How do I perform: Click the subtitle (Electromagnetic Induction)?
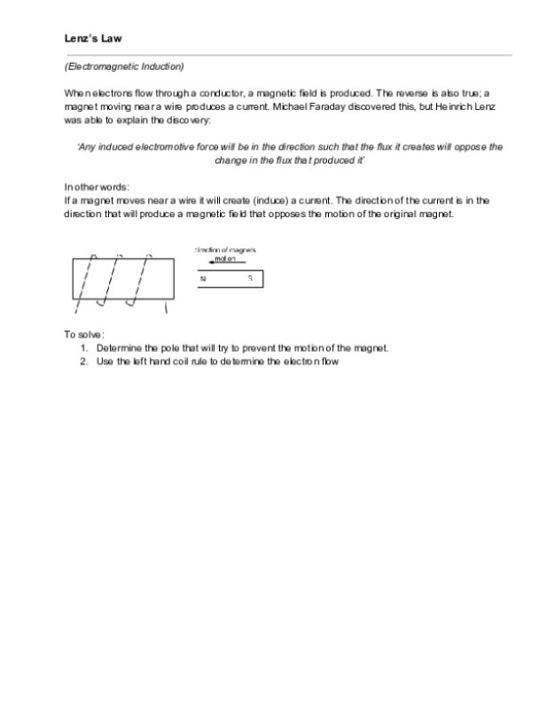point(124,66)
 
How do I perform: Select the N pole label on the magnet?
point(202,278)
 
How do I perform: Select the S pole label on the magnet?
point(250,278)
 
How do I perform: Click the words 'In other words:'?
point(97,187)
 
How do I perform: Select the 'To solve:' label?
point(84,335)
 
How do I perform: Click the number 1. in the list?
point(84,348)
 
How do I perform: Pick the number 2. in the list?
point(84,362)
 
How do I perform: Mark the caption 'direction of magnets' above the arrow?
point(226,250)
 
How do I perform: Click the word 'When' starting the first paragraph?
point(75,94)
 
